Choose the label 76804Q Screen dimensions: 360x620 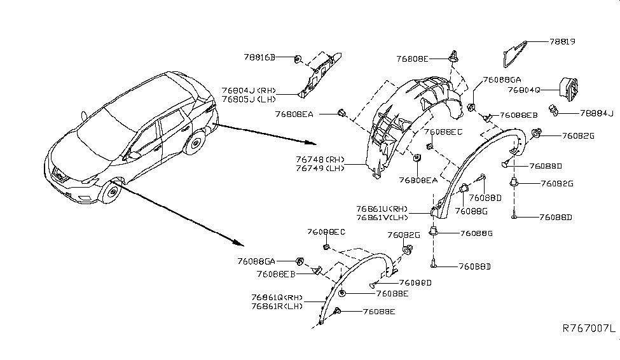click(524, 90)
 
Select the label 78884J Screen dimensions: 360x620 click(596, 114)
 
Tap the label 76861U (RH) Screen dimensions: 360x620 click(382, 208)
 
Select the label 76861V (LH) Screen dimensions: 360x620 click(382, 216)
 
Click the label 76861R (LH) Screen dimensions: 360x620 click(277, 306)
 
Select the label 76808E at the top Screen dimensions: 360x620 click(414, 59)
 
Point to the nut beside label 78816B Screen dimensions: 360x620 click(297, 59)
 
